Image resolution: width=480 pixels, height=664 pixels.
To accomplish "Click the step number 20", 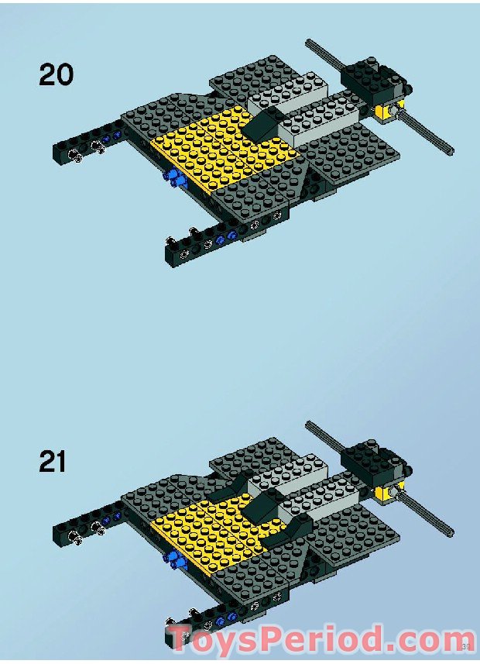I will tap(56, 74).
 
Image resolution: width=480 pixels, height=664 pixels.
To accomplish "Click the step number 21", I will tap(53, 462).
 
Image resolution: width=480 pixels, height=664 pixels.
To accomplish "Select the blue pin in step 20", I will tap(174, 181).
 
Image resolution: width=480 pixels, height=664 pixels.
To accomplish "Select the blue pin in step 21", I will tap(170, 559).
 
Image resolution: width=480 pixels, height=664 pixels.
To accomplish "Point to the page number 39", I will tap(466, 645).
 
